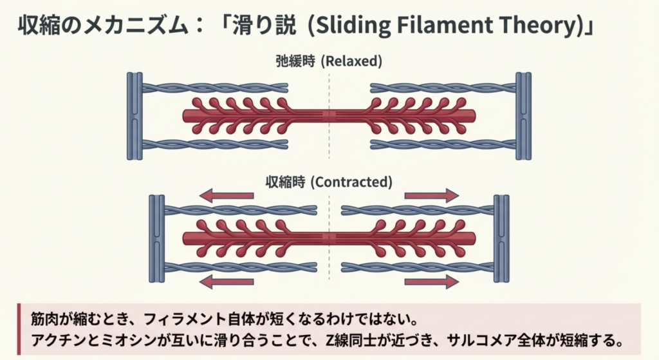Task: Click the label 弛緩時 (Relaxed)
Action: [329, 62]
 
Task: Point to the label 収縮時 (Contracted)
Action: [329, 182]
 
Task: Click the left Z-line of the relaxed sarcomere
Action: [135, 116]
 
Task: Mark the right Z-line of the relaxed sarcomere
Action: [524, 116]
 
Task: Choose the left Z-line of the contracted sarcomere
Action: [157, 238]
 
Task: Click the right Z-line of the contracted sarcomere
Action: [501, 238]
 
